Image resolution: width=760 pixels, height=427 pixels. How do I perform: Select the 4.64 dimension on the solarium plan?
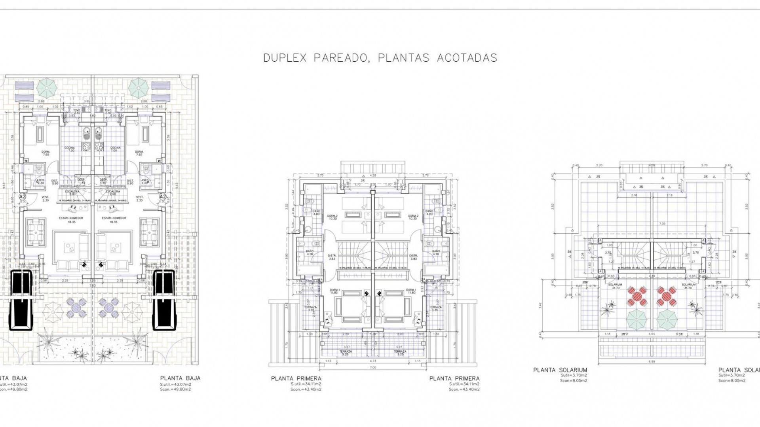click(x=650, y=334)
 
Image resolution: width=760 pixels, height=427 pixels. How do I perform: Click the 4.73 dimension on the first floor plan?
click(x=372, y=361)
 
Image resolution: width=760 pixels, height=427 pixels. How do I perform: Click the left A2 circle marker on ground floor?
click(x=23, y=196)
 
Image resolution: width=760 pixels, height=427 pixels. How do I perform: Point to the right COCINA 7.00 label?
click(x=115, y=149)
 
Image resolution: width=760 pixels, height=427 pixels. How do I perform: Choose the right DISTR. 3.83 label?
click(x=413, y=257)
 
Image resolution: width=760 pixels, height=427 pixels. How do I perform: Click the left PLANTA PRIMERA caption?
click(x=296, y=378)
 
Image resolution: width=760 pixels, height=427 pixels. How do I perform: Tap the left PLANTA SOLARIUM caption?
click(x=560, y=370)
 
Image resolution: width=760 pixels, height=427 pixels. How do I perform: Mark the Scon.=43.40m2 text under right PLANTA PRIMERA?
click(x=464, y=389)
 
